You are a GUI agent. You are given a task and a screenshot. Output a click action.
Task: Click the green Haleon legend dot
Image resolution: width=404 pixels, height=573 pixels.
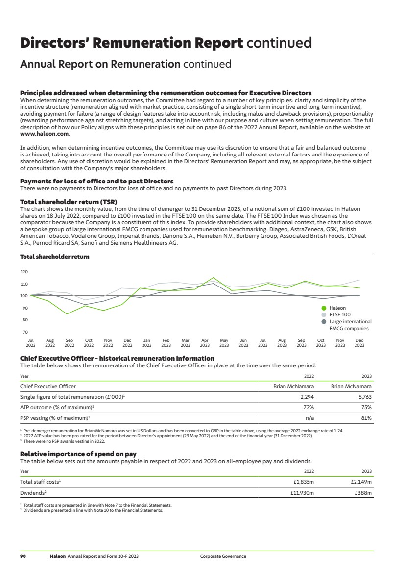coord(324,308)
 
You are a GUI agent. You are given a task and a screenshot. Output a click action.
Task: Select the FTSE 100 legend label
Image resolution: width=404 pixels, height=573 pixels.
coord(340,315)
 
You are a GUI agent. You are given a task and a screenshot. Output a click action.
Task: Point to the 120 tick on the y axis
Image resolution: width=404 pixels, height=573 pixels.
coord(24,272)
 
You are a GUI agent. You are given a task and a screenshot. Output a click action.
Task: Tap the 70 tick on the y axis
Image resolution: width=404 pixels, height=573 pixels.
coord(24,332)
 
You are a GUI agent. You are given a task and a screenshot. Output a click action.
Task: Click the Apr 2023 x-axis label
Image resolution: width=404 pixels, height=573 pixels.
coord(205,342)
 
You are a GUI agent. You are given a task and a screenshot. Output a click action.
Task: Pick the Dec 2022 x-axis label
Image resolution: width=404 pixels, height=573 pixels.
coord(127,342)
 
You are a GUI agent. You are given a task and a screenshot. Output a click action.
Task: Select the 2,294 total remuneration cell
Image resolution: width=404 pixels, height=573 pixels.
coord(307,397)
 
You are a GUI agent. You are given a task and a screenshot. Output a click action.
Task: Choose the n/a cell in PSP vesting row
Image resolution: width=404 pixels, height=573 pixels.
coord(309,418)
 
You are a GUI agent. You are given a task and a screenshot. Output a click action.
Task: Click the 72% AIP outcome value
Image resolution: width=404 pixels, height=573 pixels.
coord(309,407)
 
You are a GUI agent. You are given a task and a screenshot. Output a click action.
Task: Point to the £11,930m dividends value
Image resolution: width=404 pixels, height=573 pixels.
coord(301,493)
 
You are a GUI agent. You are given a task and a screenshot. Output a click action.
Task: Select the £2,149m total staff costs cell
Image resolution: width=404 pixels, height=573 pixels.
coord(361,482)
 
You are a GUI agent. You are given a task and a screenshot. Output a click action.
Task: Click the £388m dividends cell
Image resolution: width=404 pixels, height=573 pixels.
coord(364,493)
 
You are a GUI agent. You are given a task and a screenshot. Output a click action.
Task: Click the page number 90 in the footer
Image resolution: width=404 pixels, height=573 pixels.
coord(23,556)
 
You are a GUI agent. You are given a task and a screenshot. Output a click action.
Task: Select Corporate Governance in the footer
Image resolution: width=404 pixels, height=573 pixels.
coord(223,556)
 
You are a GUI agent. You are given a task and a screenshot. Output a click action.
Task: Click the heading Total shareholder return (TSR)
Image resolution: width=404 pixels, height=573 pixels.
coord(69,202)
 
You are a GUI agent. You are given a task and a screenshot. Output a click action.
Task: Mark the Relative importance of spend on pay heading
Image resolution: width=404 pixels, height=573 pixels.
coord(78,454)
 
